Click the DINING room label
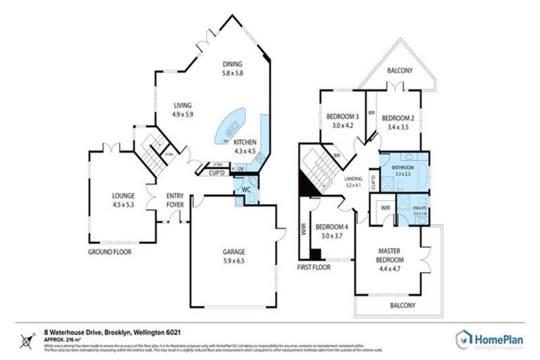click(232, 64)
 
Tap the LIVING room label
click(183, 105)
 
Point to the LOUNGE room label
click(123, 196)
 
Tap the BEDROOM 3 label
click(344, 118)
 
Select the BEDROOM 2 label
click(398, 118)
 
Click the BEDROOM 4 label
click(329, 227)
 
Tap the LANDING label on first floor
click(353, 179)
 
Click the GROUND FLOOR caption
click(109, 251)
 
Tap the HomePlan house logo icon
click(465, 338)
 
